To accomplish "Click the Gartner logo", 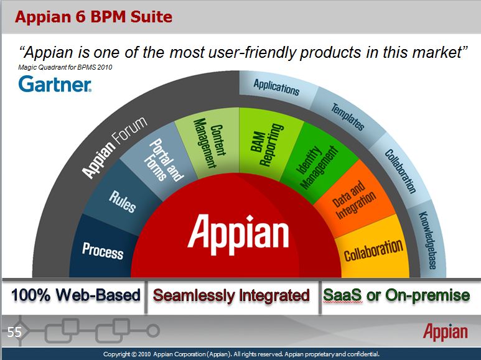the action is [x=55, y=84].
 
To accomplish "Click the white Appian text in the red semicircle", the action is [x=238, y=234].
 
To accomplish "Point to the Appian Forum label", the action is [x=114, y=147].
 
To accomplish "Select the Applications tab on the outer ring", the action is [x=276, y=88].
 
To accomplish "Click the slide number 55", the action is [x=14, y=332].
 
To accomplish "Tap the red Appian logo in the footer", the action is [x=446, y=332].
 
